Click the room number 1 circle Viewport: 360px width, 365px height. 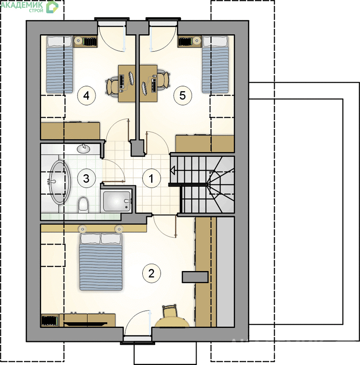[151, 178]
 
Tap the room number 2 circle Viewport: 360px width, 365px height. [151, 273]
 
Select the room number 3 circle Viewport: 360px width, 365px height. [86, 178]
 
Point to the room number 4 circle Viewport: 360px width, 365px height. [86, 95]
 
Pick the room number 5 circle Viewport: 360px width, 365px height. [183, 95]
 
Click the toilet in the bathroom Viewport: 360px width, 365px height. [83, 204]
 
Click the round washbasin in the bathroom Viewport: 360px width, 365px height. [83, 149]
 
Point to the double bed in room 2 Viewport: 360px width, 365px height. [101, 261]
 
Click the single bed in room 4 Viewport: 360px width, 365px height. [60, 64]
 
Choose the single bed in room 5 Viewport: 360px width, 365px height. [215, 64]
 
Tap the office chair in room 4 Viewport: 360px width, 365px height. [112, 86]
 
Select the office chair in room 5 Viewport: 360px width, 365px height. [163, 81]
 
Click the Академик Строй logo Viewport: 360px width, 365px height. [29, 6]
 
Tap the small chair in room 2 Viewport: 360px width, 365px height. [170, 311]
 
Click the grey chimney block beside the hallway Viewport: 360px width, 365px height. [138, 147]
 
